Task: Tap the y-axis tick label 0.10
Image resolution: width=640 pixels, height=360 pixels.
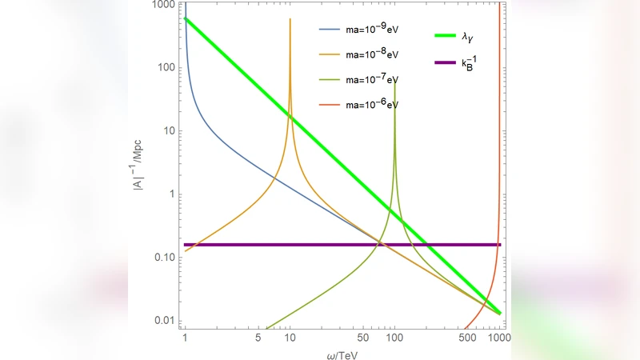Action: pyautogui.click(x=164, y=258)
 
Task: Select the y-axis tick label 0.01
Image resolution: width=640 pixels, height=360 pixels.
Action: pyautogui.click(x=164, y=321)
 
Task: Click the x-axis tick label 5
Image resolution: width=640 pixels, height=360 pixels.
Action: pyautogui.click(x=258, y=338)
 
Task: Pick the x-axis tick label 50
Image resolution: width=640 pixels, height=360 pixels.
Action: pyautogui.click(x=362, y=338)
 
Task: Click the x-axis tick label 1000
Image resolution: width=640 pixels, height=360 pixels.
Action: pyautogui.click(x=499, y=338)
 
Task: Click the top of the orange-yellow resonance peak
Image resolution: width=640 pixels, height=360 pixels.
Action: pyautogui.click(x=290, y=19)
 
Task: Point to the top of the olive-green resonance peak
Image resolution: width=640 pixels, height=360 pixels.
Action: pyautogui.click(x=394, y=80)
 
